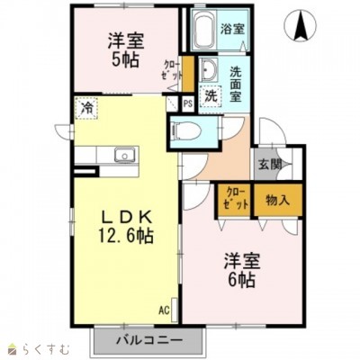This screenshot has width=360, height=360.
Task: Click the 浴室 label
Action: pyautogui.click(x=233, y=28)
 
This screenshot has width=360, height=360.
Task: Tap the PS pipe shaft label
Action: pyautogui.click(x=187, y=103)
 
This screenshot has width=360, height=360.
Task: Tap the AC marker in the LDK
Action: pyautogui.click(x=165, y=310)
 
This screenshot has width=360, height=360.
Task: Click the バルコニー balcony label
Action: pyautogui.click(x=149, y=341)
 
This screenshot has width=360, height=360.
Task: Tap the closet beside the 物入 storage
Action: pyautogui.click(x=233, y=199)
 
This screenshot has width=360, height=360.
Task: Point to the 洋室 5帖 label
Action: pyautogui.click(x=127, y=50)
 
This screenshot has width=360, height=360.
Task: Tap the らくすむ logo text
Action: pyautogui.click(x=36, y=346)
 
